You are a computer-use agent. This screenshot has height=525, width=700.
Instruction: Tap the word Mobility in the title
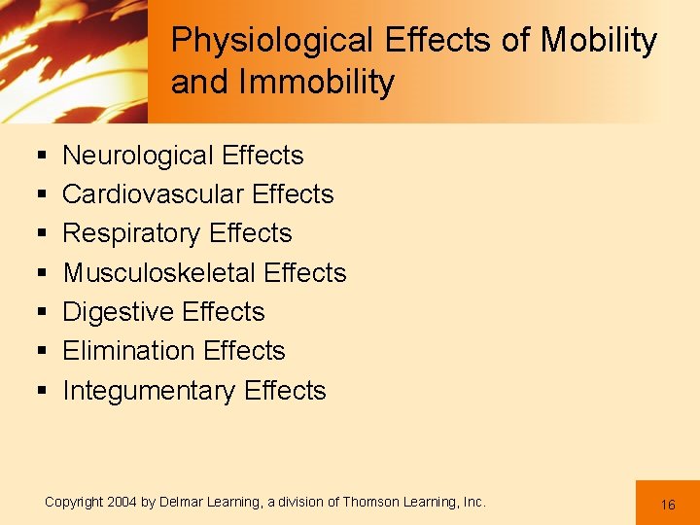pos(598,41)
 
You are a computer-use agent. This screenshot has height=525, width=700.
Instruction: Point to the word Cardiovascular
pos(152,194)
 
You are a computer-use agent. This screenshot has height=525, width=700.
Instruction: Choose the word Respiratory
pos(131,234)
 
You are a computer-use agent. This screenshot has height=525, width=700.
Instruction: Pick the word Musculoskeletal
pos(158,273)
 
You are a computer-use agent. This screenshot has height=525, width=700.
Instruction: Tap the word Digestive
pos(114,312)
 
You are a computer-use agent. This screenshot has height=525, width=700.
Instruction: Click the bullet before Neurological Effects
pos(41,157)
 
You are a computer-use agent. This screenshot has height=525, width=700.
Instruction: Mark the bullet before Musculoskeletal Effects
pos(41,274)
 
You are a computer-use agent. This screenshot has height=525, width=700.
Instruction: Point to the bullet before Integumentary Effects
pos(41,392)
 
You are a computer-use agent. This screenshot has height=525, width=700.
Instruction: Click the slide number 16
pos(668,505)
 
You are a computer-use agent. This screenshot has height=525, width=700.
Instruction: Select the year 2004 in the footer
pos(122,502)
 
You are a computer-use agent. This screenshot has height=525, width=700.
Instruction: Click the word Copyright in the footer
pos(74,502)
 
